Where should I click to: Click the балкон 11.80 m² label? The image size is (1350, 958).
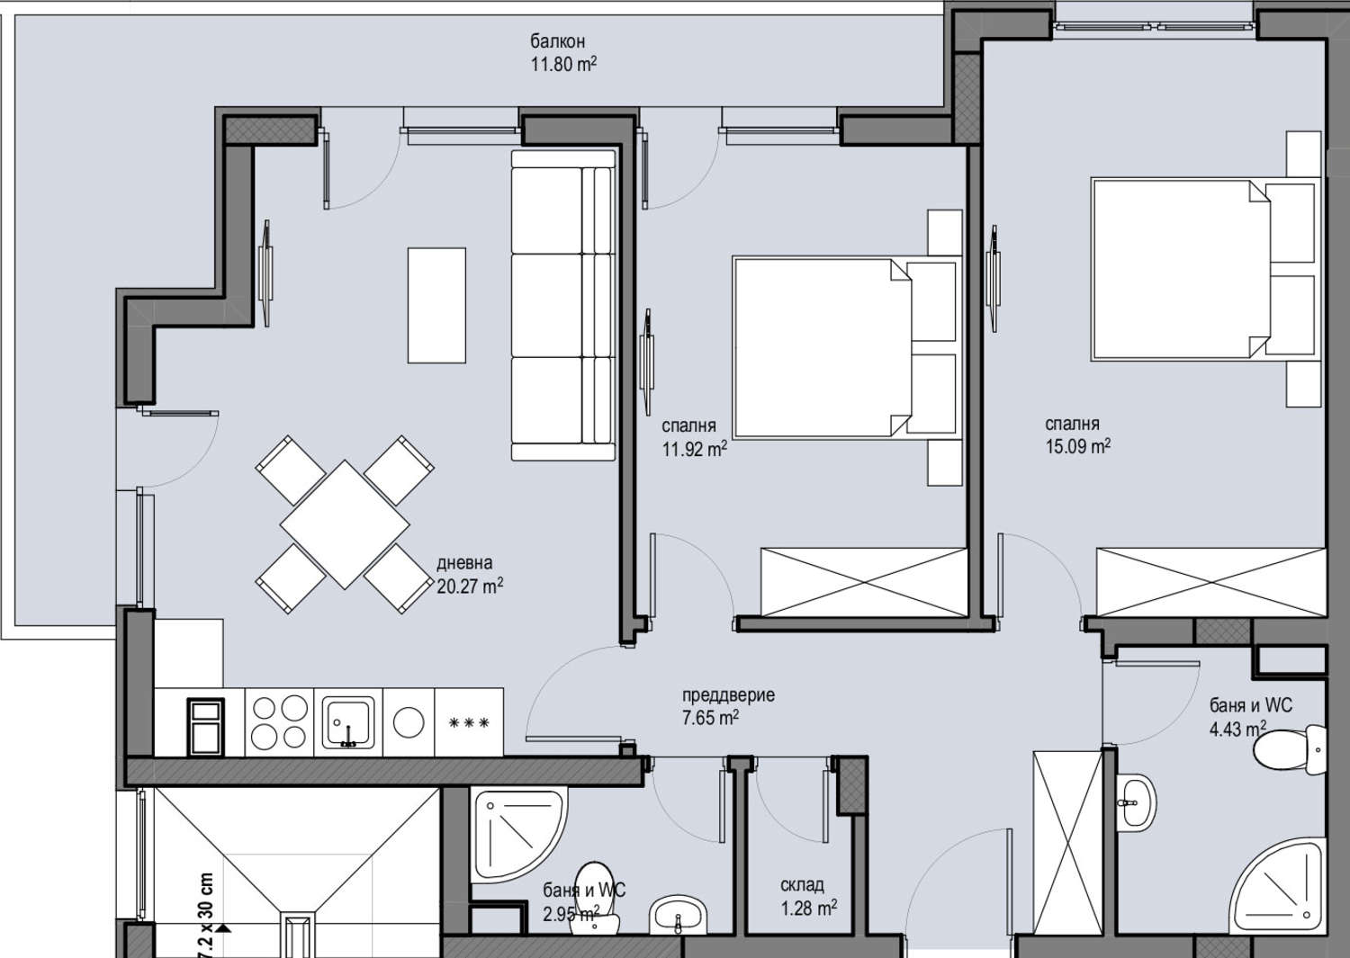(563, 53)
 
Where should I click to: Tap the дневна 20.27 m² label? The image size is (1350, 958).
(470, 575)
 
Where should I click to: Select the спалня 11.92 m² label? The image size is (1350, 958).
(694, 438)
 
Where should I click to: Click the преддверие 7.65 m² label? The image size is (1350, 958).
(728, 705)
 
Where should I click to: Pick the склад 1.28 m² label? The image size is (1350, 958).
(808, 896)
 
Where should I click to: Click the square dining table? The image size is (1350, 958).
(345, 524)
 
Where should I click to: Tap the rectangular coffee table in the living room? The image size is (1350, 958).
(436, 306)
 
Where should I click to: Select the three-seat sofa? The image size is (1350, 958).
(563, 306)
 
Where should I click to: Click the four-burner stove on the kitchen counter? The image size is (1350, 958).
(279, 722)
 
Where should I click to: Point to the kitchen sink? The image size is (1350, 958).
(348, 722)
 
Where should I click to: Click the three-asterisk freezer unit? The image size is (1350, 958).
(469, 722)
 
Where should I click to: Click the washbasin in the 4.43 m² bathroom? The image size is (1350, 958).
(1136, 802)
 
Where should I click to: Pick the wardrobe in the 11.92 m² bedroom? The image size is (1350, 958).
(864, 582)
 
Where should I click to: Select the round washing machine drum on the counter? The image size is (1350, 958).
(408, 722)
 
